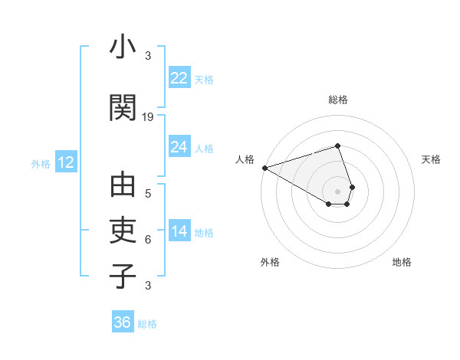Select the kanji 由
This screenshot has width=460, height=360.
(123, 186)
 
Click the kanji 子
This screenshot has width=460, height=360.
(123, 275)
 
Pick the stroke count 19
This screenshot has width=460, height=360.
(148, 117)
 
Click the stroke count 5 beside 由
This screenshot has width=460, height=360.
(148, 194)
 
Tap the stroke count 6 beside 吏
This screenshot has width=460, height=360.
(148, 240)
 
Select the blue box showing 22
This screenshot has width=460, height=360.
(179, 78)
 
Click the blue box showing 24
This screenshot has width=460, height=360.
(179, 147)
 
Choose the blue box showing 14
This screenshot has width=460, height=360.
(179, 231)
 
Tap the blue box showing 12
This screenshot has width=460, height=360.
(65, 162)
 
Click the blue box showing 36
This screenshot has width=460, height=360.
(123, 322)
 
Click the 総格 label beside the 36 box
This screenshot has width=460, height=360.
(147, 324)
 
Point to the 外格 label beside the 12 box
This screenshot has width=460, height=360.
(41, 163)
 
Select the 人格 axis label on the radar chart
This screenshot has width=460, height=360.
(245, 159)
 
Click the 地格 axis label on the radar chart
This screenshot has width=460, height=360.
(402, 262)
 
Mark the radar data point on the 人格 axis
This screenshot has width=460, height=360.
(264, 168)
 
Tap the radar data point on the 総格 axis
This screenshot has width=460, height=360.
(338, 146)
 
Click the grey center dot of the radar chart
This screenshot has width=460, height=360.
(338, 191)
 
